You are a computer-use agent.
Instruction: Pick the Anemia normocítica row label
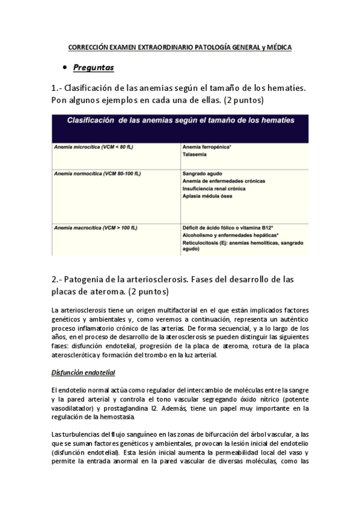(97, 173)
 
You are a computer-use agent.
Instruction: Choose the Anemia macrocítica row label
(96, 228)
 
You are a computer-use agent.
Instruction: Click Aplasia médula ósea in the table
(207, 196)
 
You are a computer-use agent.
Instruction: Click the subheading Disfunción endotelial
(84, 373)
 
